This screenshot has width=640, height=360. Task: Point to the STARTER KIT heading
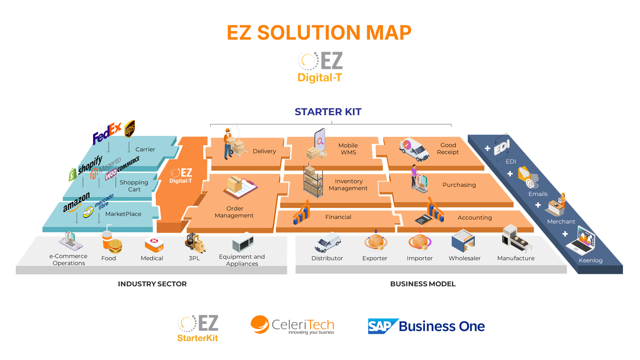328,112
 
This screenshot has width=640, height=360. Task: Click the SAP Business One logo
426,326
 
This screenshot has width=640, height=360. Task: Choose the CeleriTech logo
292,325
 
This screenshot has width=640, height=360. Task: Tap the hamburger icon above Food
115,246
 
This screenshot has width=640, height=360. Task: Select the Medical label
152,258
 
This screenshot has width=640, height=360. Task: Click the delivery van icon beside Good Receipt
414,150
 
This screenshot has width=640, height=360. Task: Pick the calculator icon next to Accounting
423,219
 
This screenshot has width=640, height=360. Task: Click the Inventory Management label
348,185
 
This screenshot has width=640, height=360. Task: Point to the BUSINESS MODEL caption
423,284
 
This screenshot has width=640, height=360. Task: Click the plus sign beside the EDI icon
487,148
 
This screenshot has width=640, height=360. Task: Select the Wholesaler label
464,258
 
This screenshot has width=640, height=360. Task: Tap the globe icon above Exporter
375,242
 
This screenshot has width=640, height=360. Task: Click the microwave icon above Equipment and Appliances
243,243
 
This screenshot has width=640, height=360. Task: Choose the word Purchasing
459,185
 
